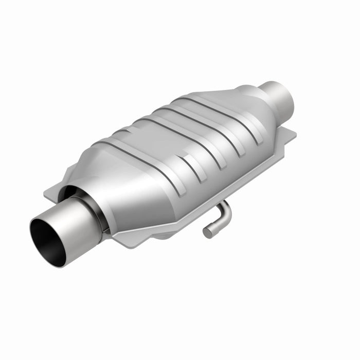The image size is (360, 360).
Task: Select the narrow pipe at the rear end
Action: pos(275,98)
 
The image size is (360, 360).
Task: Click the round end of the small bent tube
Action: pos(207,232)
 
